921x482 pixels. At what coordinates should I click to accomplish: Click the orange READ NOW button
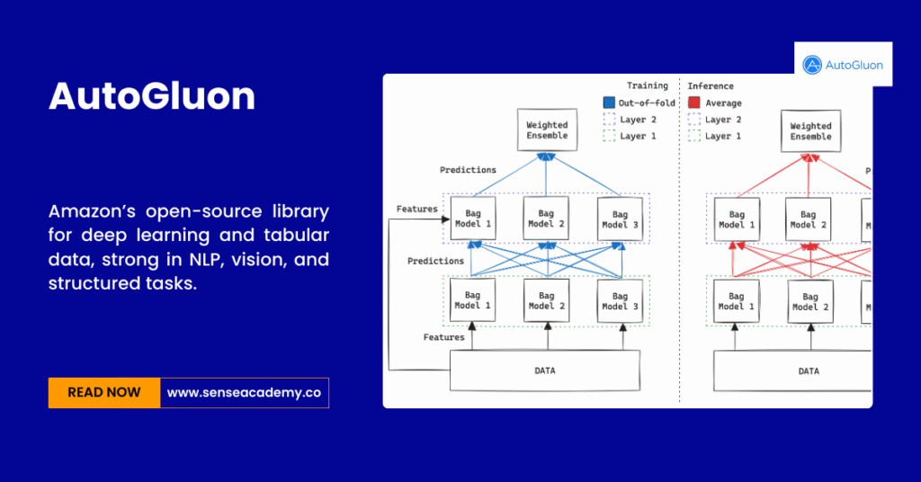104,392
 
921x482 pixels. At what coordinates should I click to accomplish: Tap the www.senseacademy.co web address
245,392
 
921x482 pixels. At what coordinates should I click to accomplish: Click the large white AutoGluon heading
152,96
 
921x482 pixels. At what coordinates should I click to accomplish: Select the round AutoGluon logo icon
812,65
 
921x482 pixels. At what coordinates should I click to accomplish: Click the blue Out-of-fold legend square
609,103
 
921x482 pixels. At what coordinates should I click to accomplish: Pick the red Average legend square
693,103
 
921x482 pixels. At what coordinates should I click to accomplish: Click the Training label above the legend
648,86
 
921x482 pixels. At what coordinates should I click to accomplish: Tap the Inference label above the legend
711,86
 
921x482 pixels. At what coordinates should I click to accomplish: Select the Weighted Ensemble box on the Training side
547,130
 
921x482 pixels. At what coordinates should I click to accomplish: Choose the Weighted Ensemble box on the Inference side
810,131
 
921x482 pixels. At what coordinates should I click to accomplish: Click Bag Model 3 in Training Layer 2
621,219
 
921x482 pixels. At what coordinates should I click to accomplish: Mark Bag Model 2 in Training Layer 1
547,300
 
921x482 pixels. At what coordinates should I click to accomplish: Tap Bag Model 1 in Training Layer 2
472,219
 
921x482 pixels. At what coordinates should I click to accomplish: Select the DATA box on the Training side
544,370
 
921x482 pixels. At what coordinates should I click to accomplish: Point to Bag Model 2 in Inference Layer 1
810,301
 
